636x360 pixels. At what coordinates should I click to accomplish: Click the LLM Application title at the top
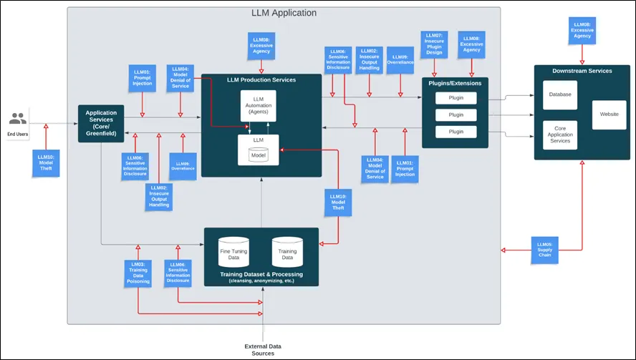point(284,13)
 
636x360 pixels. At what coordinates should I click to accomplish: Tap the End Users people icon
point(18,119)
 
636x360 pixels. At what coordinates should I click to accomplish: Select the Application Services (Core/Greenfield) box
point(101,123)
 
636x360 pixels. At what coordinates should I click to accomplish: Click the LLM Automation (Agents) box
point(258,106)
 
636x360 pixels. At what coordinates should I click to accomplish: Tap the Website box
point(609,115)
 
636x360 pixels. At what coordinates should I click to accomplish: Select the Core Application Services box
point(559,134)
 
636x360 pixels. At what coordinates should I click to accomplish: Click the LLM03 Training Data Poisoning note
point(139,272)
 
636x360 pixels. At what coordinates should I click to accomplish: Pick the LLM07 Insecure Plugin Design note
point(434,44)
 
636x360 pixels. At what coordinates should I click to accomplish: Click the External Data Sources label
point(263,349)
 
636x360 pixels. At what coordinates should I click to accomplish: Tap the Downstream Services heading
point(582,72)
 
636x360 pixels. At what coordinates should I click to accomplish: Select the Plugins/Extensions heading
point(456,83)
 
